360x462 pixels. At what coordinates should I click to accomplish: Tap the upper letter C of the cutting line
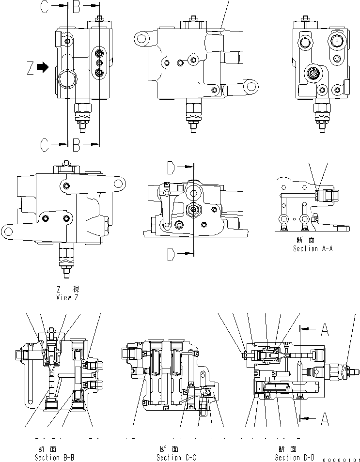pos(44,7)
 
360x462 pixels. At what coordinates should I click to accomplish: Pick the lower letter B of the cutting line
pos(76,144)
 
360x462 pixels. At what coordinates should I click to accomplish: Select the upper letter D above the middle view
pos(171,168)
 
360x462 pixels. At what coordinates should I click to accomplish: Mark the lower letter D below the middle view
pos(171,254)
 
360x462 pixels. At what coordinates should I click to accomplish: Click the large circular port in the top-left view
pos(66,78)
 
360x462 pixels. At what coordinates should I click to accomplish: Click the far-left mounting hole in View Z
pos(9,231)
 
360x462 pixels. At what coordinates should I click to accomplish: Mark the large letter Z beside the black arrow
pos(31,68)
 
